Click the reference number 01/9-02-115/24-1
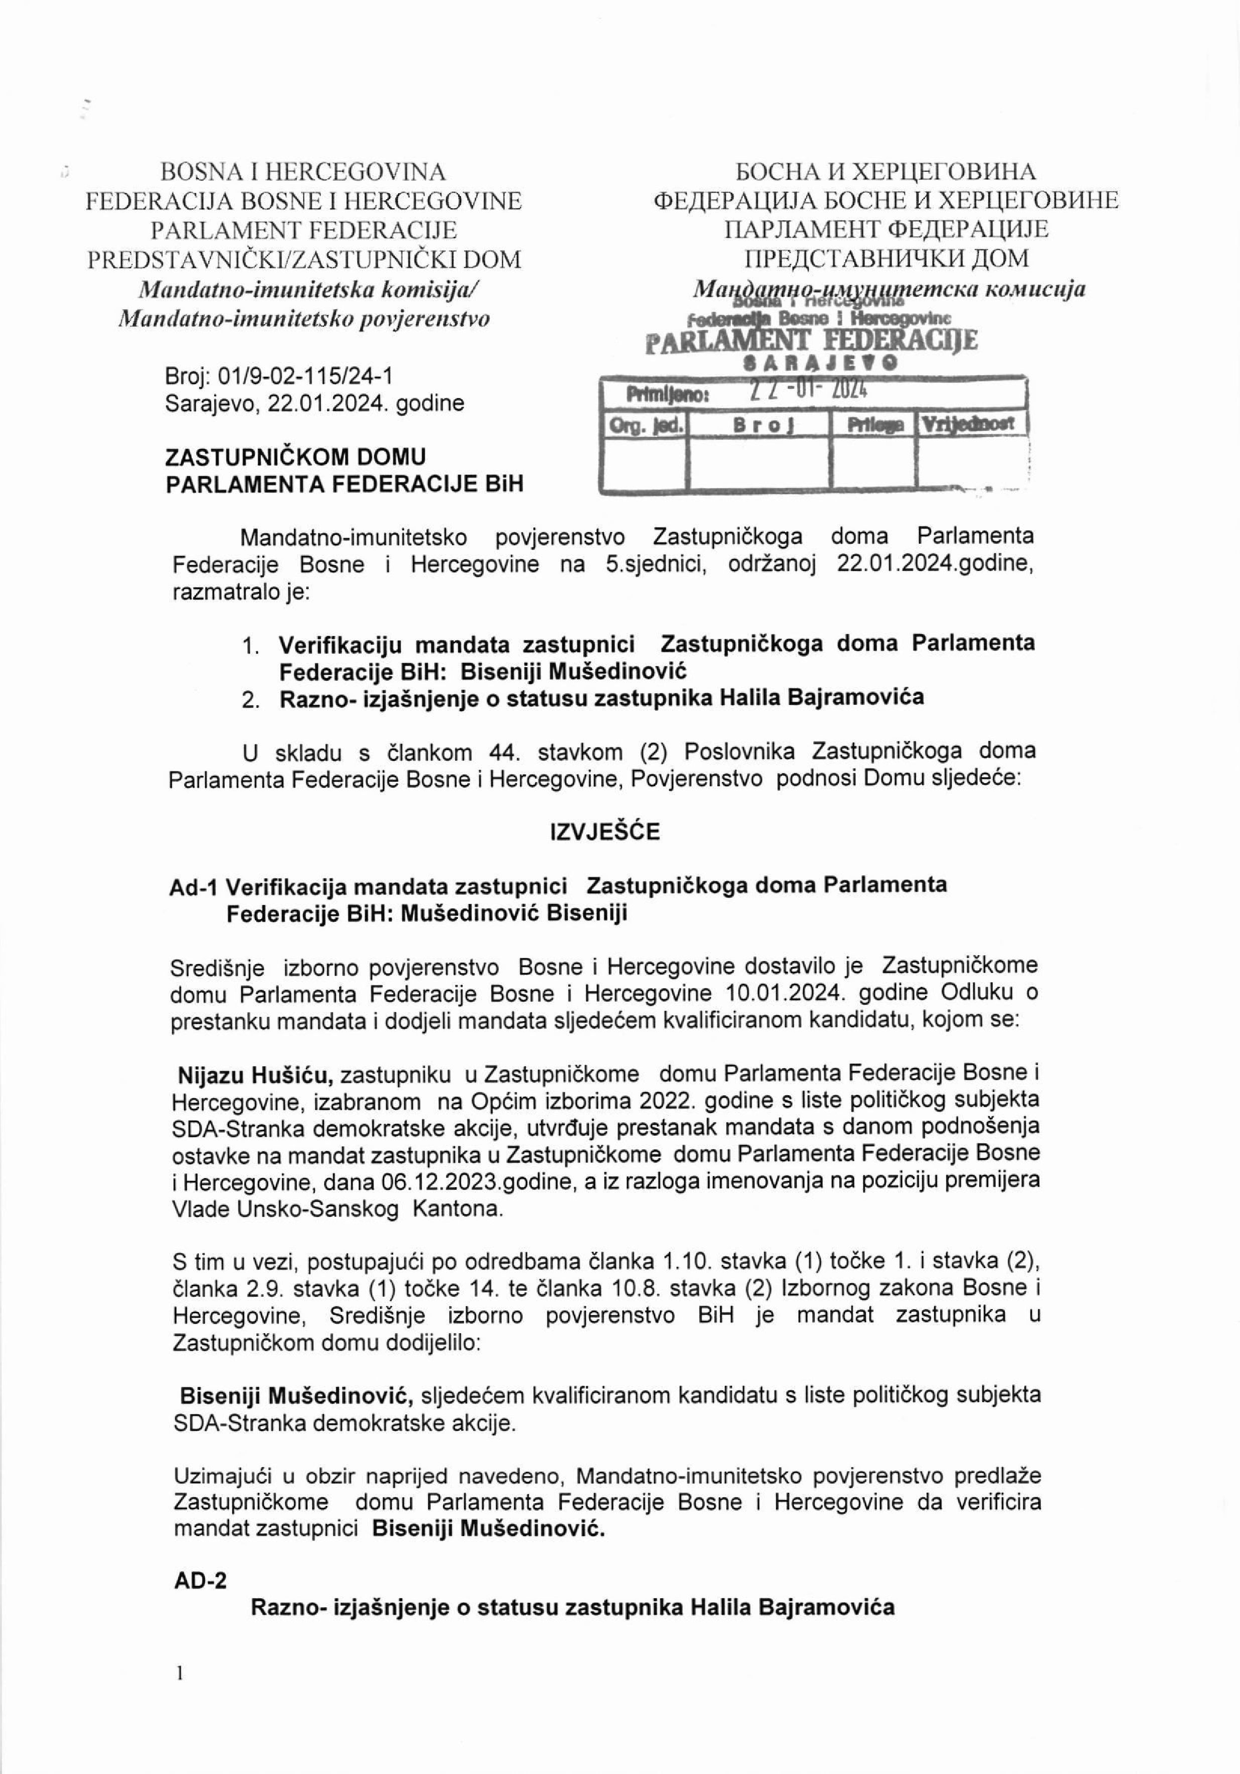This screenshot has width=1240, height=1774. [x=306, y=376]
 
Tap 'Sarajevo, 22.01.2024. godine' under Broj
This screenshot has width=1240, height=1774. [x=314, y=403]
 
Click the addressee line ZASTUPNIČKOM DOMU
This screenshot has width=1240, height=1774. [x=295, y=457]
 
